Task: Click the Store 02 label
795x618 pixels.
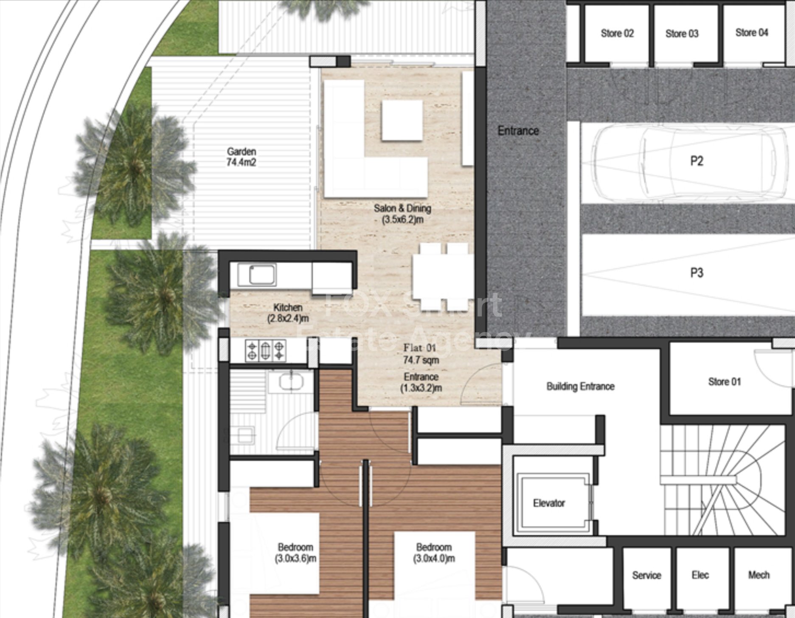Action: (x=617, y=34)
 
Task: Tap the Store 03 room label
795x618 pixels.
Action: (x=682, y=34)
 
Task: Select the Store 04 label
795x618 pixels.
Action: (x=751, y=33)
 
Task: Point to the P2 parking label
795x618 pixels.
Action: (x=697, y=161)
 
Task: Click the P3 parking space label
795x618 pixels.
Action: (x=697, y=272)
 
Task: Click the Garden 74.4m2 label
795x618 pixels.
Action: (x=241, y=157)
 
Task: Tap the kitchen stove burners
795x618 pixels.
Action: (x=265, y=350)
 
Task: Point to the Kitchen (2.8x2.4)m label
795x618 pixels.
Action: (x=288, y=313)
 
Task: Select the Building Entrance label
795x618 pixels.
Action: (x=580, y=386)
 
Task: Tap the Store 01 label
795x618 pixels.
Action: (x=724, y=382)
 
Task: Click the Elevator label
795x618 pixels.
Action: (x=549, y=503)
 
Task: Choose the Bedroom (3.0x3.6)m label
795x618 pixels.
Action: (x=295, y=553)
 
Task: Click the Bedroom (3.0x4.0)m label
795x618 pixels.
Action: (x=433, y=553)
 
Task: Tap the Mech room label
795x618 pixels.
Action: (x=758, y=575)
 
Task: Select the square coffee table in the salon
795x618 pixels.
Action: (x=402, y=120)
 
